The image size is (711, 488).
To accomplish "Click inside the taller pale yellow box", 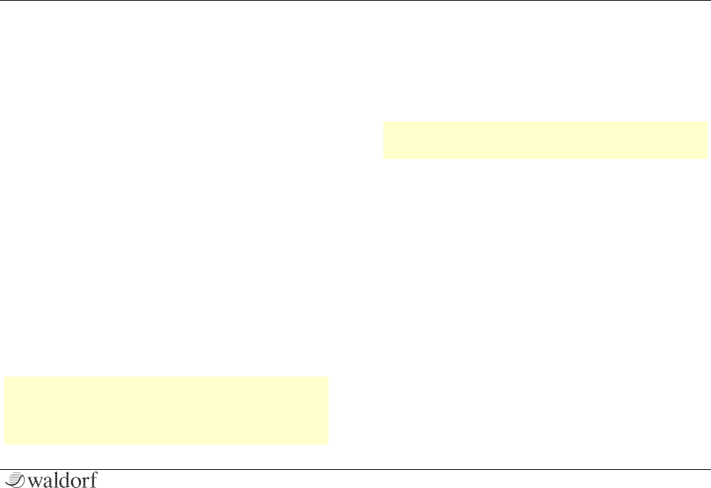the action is click(166, 410).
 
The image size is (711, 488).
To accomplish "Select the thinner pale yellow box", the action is click(544, 140).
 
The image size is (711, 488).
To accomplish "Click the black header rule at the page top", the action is click(355, 1).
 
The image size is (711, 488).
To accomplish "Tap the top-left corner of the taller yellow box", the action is click(5, 377).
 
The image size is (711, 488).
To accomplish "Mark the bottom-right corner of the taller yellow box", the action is click(328, 444).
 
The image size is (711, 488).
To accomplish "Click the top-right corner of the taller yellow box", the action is click(328, 377).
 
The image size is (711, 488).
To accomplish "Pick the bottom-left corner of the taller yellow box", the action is click(5, 444).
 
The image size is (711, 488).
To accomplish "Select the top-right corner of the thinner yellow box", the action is click(706, 122).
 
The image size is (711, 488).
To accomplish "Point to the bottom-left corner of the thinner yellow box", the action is click(383, 158).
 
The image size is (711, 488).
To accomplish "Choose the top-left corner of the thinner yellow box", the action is click(383, 122).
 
